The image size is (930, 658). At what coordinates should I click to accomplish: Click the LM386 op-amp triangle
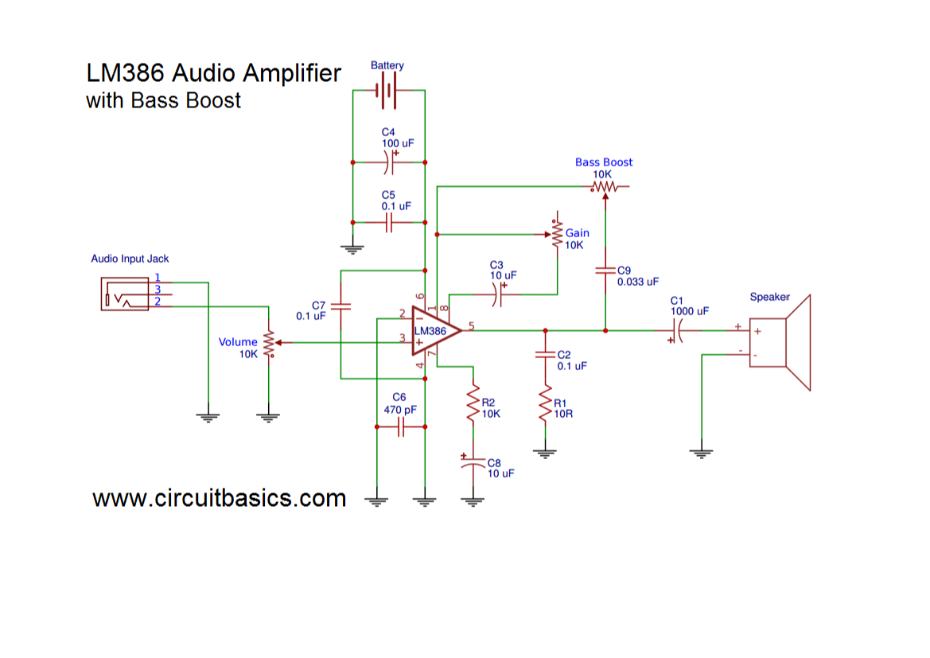(433, 331)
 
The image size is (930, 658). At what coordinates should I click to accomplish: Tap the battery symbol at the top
(387, 90)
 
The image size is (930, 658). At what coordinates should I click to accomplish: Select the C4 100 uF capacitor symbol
(387, 162)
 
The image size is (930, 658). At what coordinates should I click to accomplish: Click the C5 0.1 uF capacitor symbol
(388, 223)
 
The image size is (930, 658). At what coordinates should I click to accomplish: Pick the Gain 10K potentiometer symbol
(557, 233)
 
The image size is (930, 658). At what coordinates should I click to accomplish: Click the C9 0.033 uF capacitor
(605, 271)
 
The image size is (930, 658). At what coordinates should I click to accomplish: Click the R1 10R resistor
(545, 405)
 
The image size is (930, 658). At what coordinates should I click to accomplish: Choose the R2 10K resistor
(473, 405)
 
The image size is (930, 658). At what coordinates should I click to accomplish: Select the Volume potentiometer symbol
(269, 344)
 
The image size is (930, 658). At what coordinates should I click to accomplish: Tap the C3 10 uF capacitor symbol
(497, 294)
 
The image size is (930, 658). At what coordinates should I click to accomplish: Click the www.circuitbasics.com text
(220, 499)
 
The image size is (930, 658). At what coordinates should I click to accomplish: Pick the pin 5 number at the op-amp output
(472, 325)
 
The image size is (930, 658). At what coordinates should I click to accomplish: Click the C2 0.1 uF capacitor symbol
(545, 356)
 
